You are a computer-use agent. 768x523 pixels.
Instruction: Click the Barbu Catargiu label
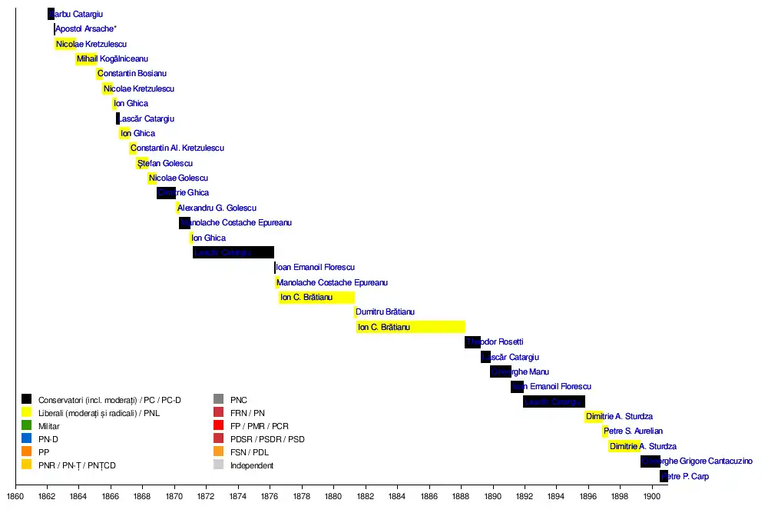click(x=76, y=14)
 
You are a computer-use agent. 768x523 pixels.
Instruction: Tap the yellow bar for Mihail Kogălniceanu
click(x=86, y=58)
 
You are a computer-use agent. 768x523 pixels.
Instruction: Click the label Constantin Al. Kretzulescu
click(x=177, y=148)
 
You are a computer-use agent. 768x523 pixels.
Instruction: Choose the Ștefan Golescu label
click(x=165, y=163)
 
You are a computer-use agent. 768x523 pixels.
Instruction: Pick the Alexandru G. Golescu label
click(x=217, y=208)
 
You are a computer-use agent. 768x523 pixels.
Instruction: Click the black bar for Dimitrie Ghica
click(x=166, y=192)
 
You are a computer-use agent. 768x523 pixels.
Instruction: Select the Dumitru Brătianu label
click(x=385, y=311)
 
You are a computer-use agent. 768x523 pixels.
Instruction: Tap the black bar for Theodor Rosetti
click(x=472, y=341)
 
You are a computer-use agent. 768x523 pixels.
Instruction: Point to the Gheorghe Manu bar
click(x=500, y=371)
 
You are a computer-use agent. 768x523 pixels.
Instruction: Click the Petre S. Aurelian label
click(x=633, y=431)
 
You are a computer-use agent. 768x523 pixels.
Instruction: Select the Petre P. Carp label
click(x=685, y=476)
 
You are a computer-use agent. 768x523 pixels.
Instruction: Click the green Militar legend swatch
click(x=27, y=425)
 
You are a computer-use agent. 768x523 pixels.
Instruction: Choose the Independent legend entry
click(x=252, y=465)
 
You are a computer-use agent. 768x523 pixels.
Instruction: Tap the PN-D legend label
click(x=49, y=438)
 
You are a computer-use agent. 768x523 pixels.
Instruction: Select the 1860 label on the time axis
click(x=15, y=496)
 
